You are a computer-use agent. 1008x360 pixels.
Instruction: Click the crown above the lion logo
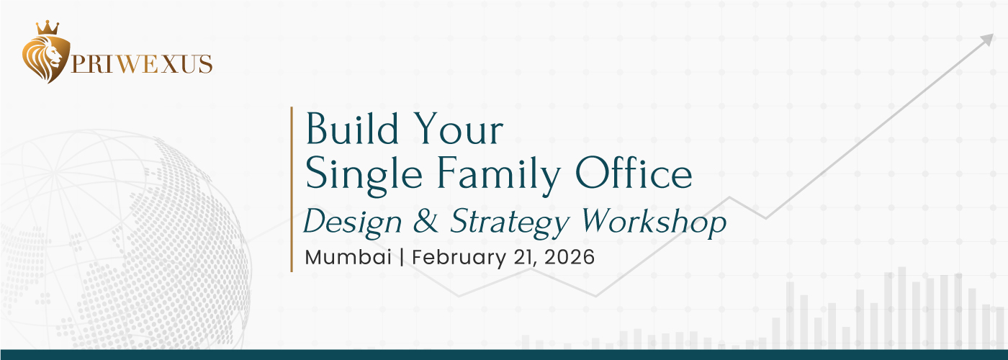[48, 28]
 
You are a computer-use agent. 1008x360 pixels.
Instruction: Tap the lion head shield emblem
[46, 59]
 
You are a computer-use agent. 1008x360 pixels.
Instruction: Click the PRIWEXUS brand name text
[141, 64]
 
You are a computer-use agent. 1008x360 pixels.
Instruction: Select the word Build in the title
[352, 129]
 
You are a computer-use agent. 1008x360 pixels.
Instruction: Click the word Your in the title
[458, 129]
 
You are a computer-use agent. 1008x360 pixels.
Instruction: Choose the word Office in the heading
[634, 173]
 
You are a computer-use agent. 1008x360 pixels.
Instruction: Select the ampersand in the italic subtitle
[426, 220]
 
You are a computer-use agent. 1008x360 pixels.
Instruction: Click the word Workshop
[654, 222]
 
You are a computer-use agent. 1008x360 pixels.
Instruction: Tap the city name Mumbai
[348, 258]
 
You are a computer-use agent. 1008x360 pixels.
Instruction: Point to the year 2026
[570, 258]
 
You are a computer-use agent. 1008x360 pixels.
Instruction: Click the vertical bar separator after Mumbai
[402, 258]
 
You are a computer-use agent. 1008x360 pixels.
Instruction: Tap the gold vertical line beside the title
[292, 189]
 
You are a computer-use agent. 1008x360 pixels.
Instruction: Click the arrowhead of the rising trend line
[987, 40]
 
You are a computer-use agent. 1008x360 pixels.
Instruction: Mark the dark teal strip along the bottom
[504, 354]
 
